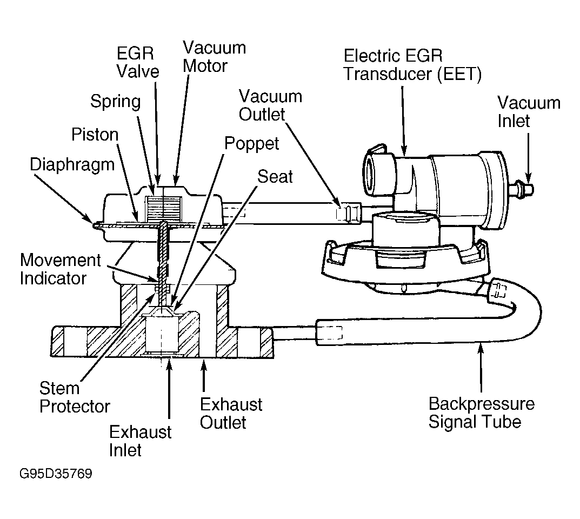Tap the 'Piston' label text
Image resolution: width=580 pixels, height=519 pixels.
click(95, 135)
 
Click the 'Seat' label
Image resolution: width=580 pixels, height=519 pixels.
click(275, 176)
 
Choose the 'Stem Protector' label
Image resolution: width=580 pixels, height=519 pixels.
click(75, 397)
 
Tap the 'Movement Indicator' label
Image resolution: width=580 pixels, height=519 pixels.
click(61, 269)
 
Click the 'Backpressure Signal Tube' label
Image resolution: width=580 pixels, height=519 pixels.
click(482, 412)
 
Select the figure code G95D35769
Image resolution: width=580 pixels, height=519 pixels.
click(56, 474)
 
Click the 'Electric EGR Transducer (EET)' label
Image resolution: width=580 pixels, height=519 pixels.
click(413, 65)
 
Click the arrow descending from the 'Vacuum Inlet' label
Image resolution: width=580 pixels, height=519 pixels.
click(529, 157)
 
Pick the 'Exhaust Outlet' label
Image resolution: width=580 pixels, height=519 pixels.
click(231, 414)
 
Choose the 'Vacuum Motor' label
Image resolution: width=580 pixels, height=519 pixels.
click(214, 57)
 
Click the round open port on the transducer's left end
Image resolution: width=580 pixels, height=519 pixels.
click(371, 174)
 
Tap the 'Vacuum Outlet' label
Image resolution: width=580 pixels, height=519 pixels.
click(270, 105)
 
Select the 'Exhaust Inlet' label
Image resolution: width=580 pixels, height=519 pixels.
click(140, 441)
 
